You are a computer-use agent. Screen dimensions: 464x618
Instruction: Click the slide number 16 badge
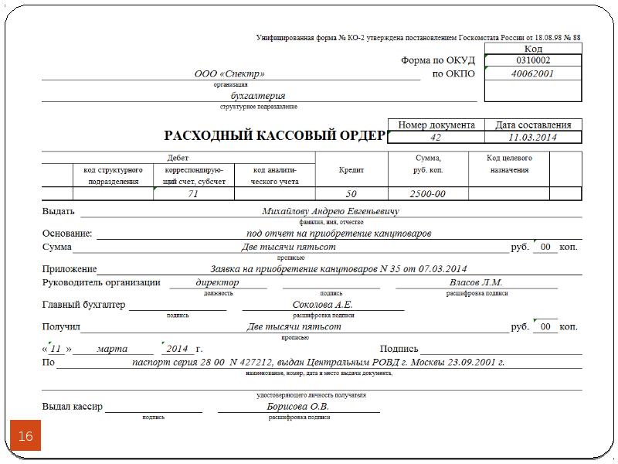coord(25,437)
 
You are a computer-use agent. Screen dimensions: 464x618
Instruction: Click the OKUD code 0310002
coord(533,60)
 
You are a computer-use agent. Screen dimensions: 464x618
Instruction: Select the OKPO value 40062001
coord(533,74)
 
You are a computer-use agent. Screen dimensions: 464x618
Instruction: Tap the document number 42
coord(436,138)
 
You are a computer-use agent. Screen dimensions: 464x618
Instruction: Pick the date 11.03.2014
coord(533,138)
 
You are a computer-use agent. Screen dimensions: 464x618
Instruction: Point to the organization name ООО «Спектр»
coord(229,74)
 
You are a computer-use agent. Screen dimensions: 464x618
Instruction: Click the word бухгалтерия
coord(258,96)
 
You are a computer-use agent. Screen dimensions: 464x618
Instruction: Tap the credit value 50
coord(351,194)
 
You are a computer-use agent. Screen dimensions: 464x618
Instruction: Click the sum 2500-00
coord(428,194)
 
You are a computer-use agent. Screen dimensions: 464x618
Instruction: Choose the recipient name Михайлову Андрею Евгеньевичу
coord(331,211)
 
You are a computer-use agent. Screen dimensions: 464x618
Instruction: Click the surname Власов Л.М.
coord(476,283)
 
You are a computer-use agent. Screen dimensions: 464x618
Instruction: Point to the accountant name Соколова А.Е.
coord(323,305)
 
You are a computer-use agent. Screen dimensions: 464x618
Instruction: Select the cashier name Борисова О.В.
coord(298,407)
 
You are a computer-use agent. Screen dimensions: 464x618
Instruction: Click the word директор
coord(218,283)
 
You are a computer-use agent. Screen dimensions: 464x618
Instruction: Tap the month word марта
coord(113,349)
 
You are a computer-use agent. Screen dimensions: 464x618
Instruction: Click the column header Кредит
coord(351,170)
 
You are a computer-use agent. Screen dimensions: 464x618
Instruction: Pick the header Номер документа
coord(436,125)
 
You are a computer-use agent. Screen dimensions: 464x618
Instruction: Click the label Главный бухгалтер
coord(83,305)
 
